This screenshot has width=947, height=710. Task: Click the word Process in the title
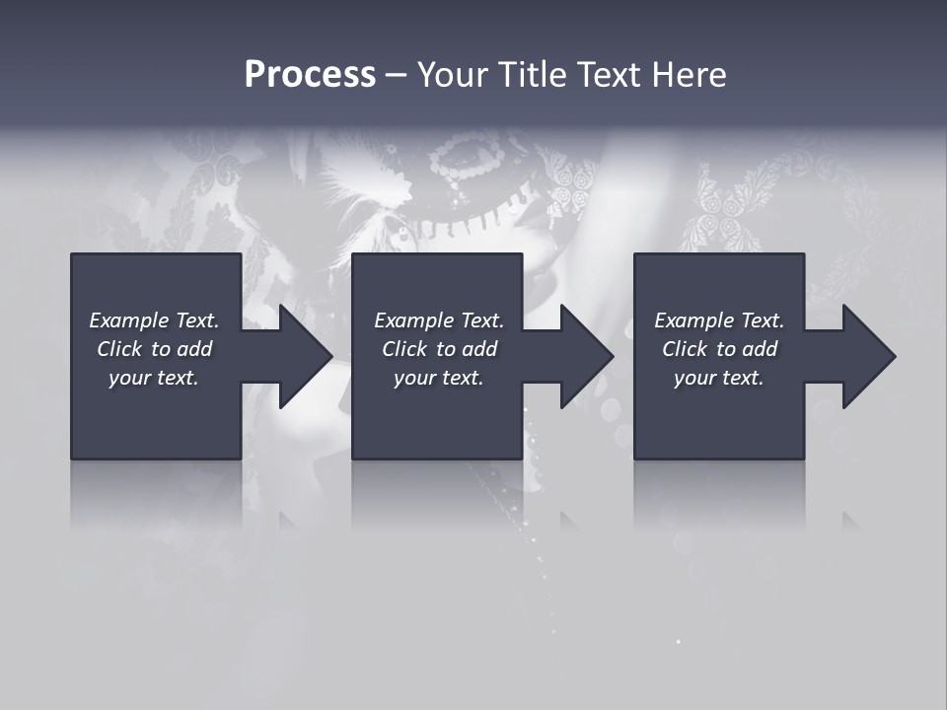310,75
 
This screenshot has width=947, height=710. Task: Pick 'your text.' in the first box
154,378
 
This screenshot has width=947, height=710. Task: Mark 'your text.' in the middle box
439,378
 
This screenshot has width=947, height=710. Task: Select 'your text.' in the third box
719,378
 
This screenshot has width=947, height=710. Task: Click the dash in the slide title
396,75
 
